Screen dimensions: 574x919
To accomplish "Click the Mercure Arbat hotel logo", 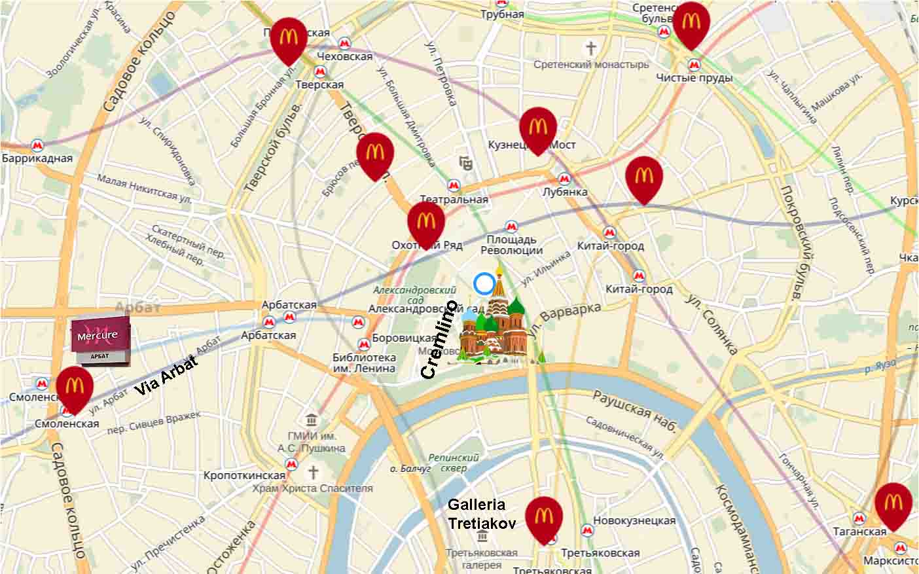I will tap(100, 339).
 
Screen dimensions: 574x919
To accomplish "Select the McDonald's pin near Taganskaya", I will tap(893, 505).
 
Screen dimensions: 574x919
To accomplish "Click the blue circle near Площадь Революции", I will tap(484, 284).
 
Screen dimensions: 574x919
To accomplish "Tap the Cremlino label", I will tap(439, 340).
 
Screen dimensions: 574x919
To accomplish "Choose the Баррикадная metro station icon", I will tap(37, 145).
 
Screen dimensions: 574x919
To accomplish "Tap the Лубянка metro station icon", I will tap(564, 179).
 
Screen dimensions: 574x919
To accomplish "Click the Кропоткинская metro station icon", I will tap(292, 464).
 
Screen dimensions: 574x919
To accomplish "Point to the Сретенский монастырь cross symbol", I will tap(590, 48).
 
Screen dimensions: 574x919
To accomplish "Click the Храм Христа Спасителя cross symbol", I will tap(314, 472).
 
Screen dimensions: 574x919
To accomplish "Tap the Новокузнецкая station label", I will tap(634, 520).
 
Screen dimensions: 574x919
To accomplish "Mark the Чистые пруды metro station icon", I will tap(694, 64).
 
